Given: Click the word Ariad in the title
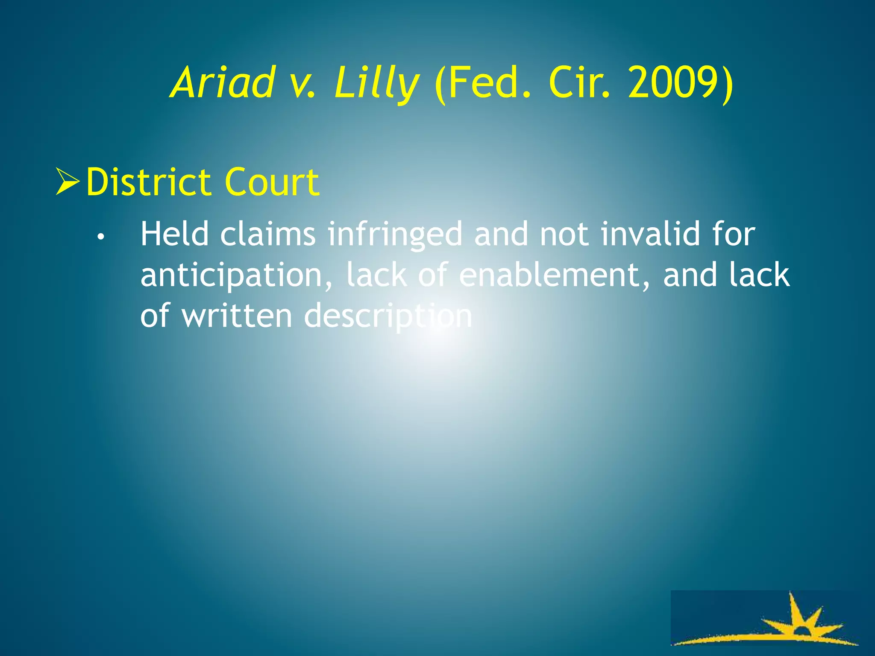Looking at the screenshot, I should (x=222, y=82).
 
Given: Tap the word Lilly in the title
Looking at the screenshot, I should (x=376, y=83).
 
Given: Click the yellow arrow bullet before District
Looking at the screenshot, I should (x=68, y=182).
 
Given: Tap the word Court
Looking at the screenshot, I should (x=272, y=182).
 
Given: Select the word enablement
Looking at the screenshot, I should (x=555, y=275).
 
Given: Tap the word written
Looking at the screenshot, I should (x=237, y=316).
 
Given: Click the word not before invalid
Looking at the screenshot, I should (x=564, y=235).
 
